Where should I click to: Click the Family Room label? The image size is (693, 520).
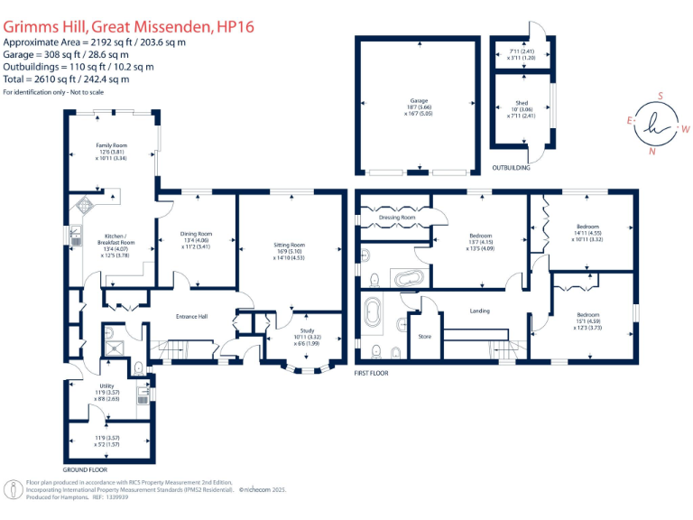pos(112,144)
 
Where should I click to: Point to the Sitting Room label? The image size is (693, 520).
pos(290,245)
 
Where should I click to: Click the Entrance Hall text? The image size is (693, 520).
pos(191,317)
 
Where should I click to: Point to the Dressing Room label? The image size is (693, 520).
pos(396,218)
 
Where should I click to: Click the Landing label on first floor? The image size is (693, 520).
pos(480,312)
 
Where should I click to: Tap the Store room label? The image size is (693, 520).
pos(425,337)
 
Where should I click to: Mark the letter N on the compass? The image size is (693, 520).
pos(651,151)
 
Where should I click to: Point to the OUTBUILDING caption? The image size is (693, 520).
pos(511,168)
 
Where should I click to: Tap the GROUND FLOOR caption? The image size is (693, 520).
pos(85,470)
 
